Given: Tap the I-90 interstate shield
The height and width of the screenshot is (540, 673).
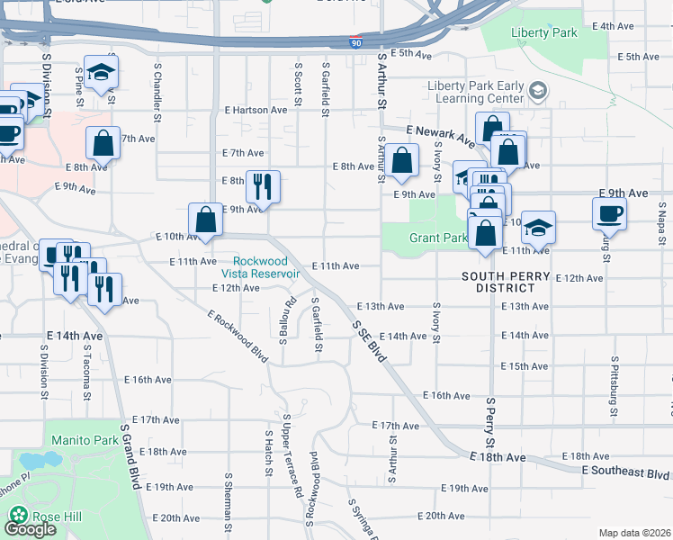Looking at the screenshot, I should click(357, 42).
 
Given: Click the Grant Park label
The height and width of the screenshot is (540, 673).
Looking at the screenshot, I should click(438, 238).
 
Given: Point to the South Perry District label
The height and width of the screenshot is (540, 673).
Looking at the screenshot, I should click(505, 275).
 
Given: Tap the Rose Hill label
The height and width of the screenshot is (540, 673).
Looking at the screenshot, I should click(53, 517).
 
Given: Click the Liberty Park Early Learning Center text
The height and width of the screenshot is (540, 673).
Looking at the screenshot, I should click(475, 93).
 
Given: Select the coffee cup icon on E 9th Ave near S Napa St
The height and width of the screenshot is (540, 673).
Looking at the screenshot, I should click(608, 213).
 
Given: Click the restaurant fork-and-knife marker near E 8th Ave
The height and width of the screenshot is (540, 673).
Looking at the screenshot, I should click(263, 186).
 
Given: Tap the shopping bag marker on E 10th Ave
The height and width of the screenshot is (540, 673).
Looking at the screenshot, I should click(205, 220).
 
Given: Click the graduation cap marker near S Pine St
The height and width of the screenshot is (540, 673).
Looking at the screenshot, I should click(101, 71).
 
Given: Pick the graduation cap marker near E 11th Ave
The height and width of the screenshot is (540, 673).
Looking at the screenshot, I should click(538, 227).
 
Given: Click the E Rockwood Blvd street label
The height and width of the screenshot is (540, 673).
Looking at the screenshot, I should click(238, 337).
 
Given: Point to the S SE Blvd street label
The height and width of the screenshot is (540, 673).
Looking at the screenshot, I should click(369, 342).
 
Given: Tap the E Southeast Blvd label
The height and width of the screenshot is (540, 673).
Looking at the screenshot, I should click(625, 472).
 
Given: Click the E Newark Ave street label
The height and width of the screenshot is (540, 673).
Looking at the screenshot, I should click(438, 135).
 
